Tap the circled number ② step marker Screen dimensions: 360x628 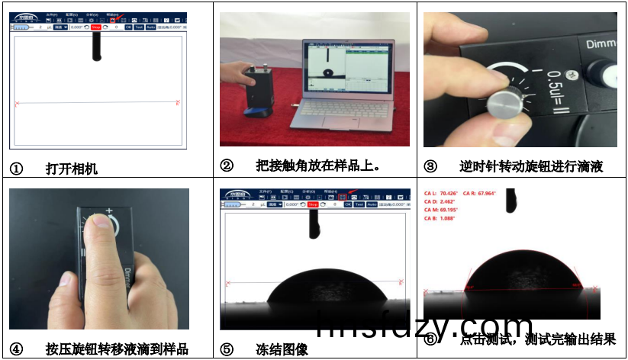227,166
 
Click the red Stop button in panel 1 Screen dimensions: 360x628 95,27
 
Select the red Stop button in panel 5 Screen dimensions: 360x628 312,204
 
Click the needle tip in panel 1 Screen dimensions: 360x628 97,58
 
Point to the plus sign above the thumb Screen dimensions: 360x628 109,211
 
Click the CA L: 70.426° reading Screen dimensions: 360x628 440,193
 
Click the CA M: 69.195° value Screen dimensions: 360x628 440,209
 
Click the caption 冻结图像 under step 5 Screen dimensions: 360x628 282,349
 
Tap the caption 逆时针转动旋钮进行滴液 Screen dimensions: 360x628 531,166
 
